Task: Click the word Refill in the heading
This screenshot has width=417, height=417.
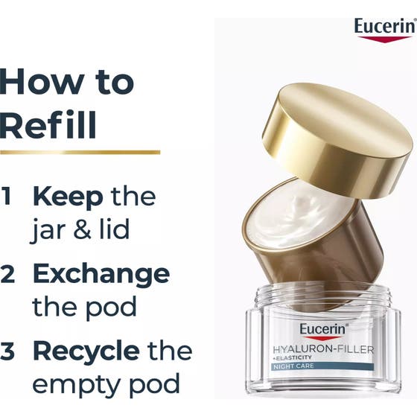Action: point(48,125)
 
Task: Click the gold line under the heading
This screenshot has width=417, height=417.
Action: point(80,153)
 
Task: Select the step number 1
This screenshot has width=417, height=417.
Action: point(7,195)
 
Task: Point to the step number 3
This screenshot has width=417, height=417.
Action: point(7,351)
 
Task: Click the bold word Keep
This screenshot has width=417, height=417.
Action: point(68,197)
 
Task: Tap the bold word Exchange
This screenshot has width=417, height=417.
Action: point(101,276)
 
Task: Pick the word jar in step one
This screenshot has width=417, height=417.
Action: point(50,231)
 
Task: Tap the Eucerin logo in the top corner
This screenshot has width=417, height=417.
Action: point(385,30)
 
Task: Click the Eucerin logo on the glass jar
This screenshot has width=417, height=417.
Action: point(322,331)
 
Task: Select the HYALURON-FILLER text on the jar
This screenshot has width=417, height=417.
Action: point(323,349)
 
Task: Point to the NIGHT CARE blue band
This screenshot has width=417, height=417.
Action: point(322,366)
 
